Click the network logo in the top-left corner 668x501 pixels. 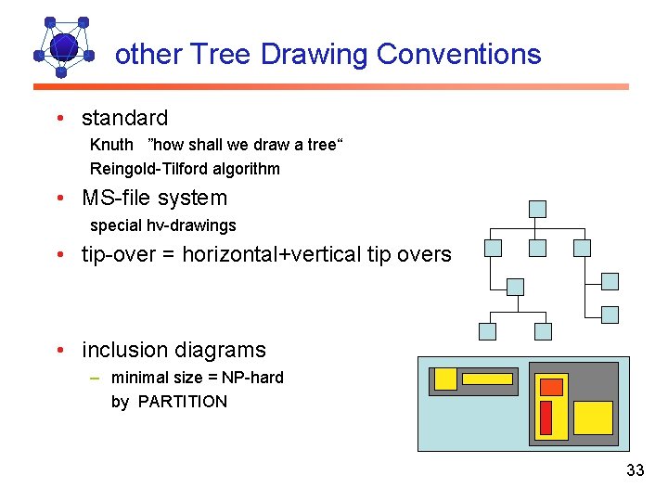click(x=63, y=46)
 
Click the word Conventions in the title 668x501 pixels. click(x=459, y=55)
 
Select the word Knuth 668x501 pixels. click(x=111, y=145)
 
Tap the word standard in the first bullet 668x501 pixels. click(x=124, y=119)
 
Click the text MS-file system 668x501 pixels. click(x=154, y=199)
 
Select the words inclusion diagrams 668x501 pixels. click(x=173, y=351)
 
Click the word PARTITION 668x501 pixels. click(x=182, y=402)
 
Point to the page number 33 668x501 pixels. click(x=635, y=470)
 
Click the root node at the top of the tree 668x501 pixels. click(x=537, y=209)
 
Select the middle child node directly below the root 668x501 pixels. click(x=537, y=248)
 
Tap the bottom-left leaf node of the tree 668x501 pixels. click(x=487, y=331)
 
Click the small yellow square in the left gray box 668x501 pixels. click(x=445, y=379)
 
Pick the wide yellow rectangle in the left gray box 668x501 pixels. click(x=488, y=379)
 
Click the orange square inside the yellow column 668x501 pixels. click(x=552, y=387)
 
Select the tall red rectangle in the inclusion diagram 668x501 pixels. click(x=546, y=417)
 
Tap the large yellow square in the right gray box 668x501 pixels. click(x=593, y=417)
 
